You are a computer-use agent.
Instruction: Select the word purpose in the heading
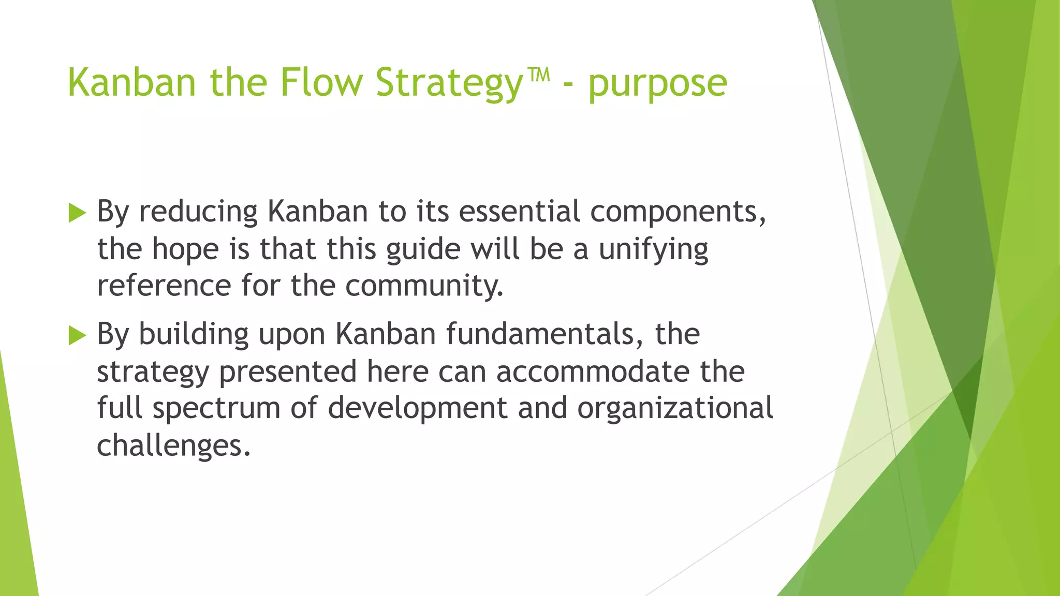[x=657, y=84]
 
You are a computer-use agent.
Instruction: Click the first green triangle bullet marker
[x=77, y=213]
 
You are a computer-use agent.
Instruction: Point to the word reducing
[x=198, y=212]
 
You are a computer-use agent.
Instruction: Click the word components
[x=678, y=212]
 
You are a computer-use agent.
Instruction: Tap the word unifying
[x=653, y=250]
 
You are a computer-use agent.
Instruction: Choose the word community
[x=424, y=286]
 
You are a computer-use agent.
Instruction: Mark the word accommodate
[x=593, y=371]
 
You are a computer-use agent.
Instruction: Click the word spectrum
[x=216, y=409]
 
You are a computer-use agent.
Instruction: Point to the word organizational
[x=675, y=409]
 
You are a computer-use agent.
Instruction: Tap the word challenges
[x=173, y=445]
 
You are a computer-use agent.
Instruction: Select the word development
[x=417, y=409]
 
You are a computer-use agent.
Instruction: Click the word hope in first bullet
[x=185, y=250]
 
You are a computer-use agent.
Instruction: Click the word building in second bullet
[x=194, y=335]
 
